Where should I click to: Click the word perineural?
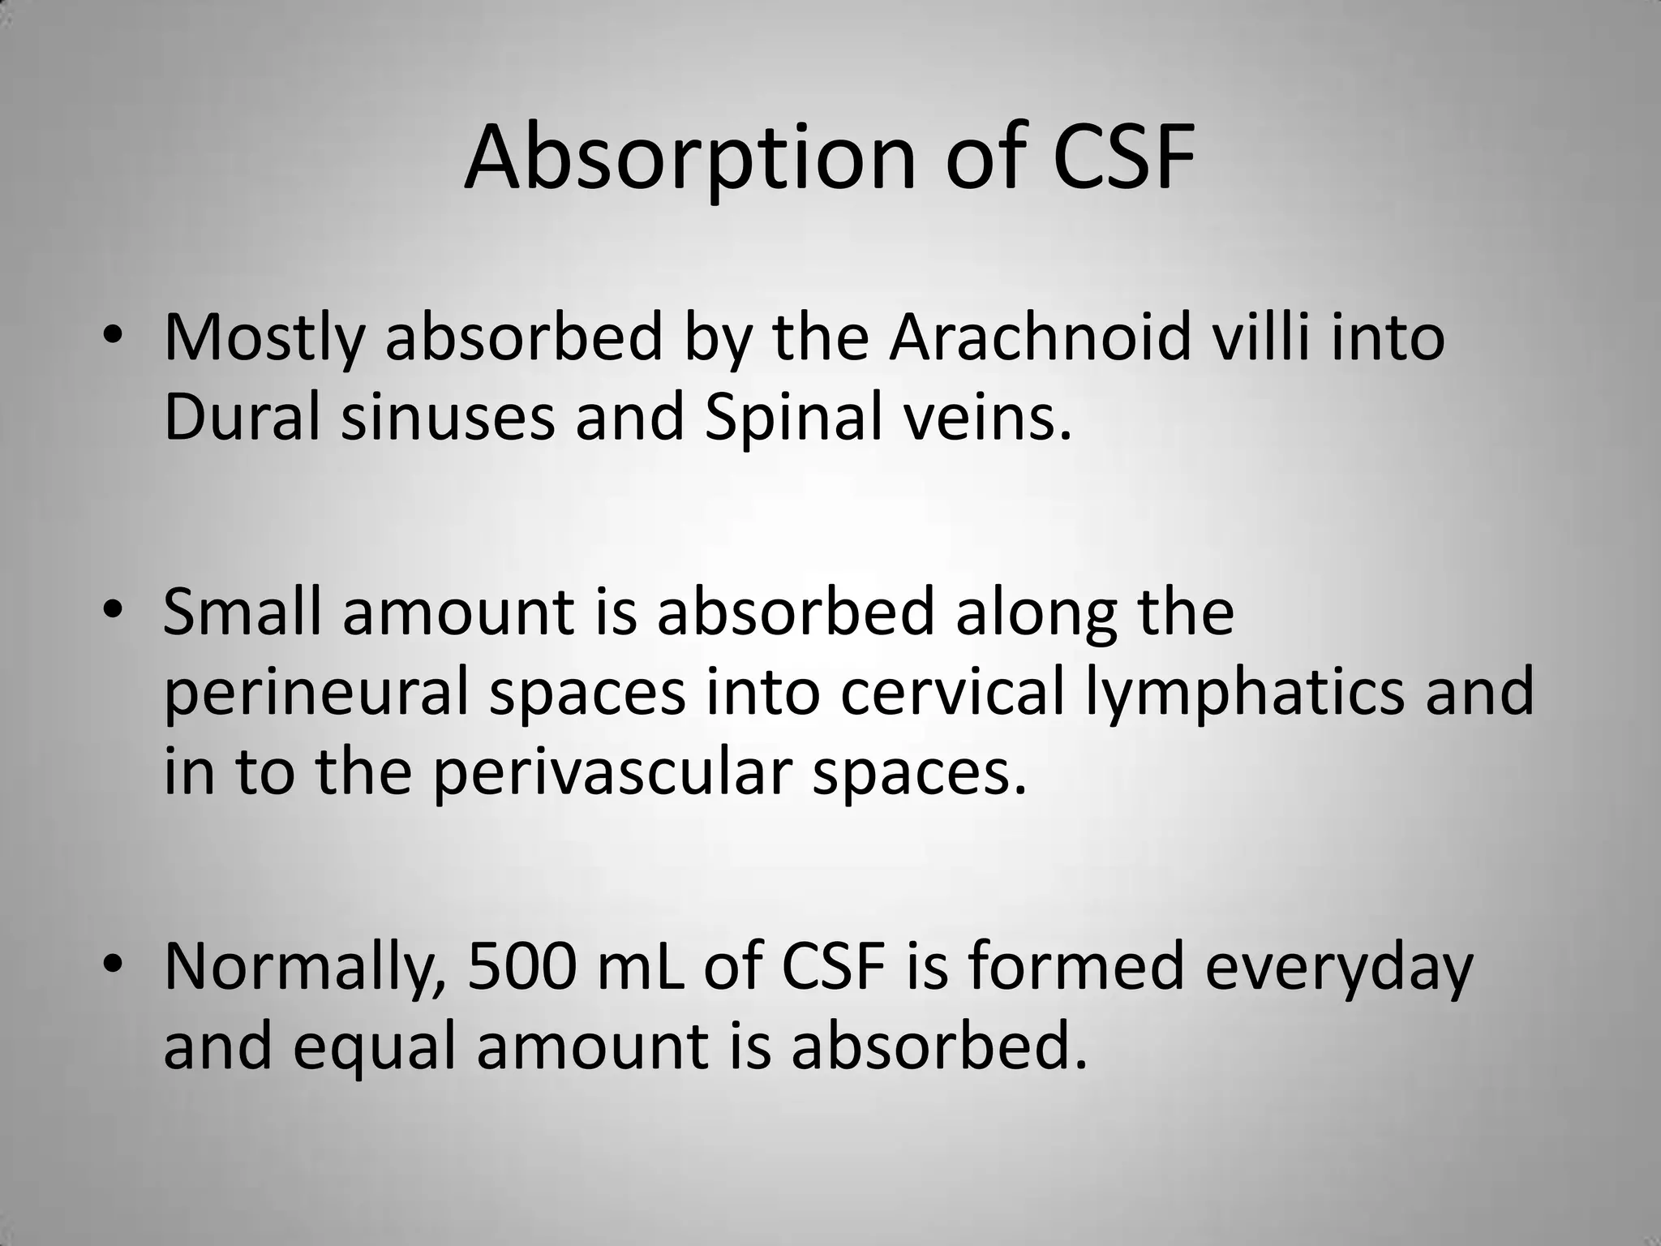(317, 694)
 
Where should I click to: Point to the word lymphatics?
(1245, 694)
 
